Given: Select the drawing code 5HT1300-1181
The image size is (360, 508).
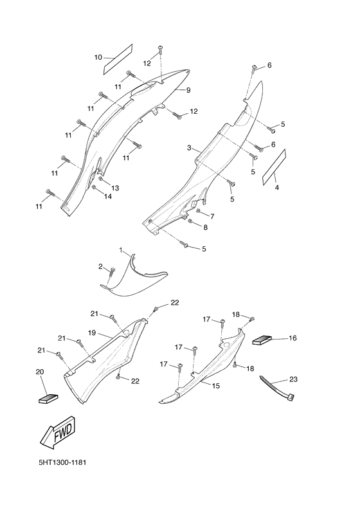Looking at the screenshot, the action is (x=62, y=462).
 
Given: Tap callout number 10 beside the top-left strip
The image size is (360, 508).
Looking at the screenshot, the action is (x=98, y=57).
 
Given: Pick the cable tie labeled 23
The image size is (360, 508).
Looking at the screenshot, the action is (x=277, y=388).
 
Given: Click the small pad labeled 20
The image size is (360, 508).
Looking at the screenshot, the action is (x=48, y=399).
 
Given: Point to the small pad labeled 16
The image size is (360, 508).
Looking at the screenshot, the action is (x=262, y=340).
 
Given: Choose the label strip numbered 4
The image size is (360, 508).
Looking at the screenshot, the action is (x=274, y=167).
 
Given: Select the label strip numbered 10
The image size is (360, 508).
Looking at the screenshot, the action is (x=118, y=59).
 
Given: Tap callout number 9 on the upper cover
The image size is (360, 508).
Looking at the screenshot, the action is (x=188, y=90).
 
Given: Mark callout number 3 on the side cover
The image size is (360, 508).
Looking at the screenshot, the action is (x=189, y=148).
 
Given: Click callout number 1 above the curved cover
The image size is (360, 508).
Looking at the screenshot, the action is (x=121, y=250).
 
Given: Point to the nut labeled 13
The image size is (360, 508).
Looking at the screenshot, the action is (x=101, y=179).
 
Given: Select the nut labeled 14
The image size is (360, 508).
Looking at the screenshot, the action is (x=94, y=187).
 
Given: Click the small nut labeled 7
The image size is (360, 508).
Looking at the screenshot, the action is (x=199, y=211).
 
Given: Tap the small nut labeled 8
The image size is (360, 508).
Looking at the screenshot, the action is (x=190, y=221).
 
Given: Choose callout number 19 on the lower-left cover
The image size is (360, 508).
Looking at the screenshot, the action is (x=92, y=332).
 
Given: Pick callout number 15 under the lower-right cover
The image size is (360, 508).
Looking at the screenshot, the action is (x=216, y=386).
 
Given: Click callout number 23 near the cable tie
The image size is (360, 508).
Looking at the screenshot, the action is (x=293, y=379).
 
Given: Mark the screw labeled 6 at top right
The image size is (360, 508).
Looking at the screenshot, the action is (x=254, y=69).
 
